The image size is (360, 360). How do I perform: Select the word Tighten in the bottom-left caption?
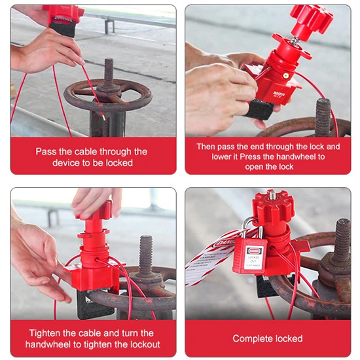tap(45, 333)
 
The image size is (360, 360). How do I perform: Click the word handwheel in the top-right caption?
tap(288, 156)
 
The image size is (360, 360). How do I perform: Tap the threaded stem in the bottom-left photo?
tap(145, 255)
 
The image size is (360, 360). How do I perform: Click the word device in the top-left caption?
tap(67, 162)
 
